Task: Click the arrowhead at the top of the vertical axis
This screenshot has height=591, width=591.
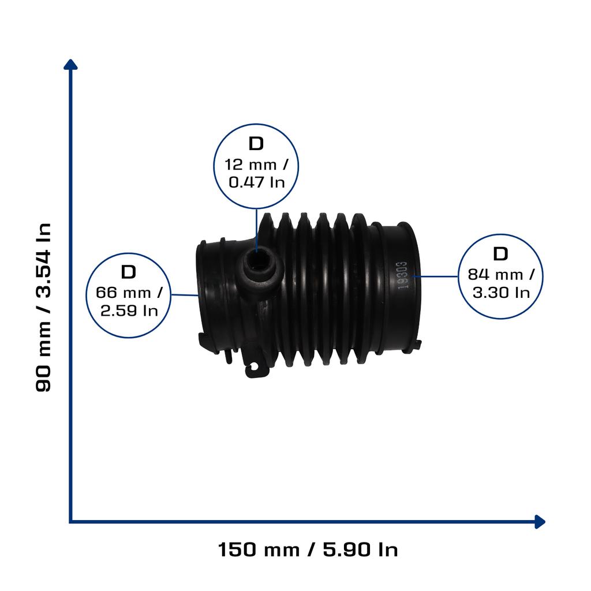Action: [x=70, y=65]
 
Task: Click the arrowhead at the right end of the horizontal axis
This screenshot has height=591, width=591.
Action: [x=540, y=522]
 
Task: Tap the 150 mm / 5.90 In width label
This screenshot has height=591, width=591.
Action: [x=308, y=549]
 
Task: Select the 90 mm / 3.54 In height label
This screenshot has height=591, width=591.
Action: [x=43, y=307]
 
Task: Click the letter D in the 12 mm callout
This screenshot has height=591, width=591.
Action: [x=256, y=144]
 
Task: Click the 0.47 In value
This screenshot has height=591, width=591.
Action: [x=257, y=182]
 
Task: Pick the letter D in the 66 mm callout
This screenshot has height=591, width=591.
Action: [x=128, y=272]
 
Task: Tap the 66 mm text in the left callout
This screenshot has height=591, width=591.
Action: [x=124, y=293]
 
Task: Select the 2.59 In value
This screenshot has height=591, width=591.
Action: [x=129, y=311]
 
